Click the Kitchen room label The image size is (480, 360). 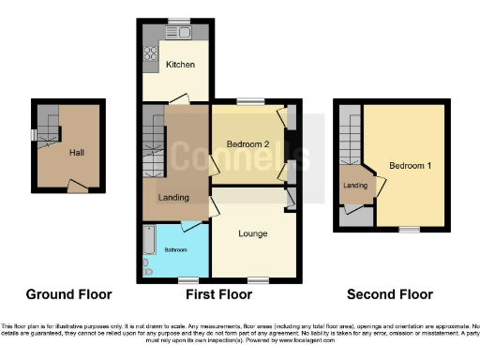[x=180, y=65]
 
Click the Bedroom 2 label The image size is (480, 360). [x=248, y=143]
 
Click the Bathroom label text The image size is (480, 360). [x=176, y=249]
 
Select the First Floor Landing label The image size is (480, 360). [x=173, y=197]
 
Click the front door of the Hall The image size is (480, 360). [x=79, y=189]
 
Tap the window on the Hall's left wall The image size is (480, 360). [x=34, y=135]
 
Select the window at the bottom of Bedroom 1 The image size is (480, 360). [x=407, y=228]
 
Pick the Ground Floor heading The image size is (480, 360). [x=68, y=293]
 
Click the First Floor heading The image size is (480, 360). [x=218, y=293]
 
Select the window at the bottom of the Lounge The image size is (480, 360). [x=255, y=280]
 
